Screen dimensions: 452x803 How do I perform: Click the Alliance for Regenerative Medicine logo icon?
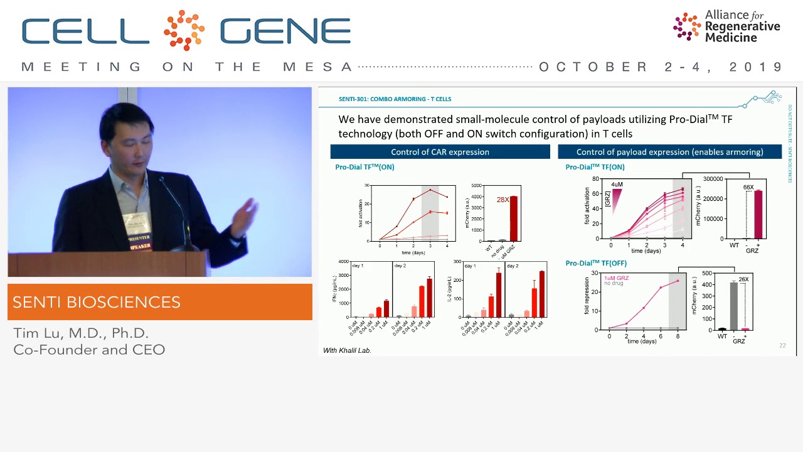pos(687,26)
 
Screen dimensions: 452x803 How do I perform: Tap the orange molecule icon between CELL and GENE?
pos(184,30)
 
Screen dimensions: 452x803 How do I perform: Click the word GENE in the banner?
pos(285,31)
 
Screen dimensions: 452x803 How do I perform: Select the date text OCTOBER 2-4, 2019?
pos(661,67)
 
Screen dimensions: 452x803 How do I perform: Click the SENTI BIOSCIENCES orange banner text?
pos(97,302)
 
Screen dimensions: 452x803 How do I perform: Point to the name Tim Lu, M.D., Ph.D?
pos(81,333)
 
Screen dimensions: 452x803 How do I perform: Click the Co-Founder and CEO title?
pos(89,350)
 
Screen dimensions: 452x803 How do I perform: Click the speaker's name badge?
pos(136,229)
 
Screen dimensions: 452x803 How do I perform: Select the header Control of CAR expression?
pos(440,152)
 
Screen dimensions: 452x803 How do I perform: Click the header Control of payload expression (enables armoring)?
pos(669,152)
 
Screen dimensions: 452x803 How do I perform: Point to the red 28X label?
pos(503,200)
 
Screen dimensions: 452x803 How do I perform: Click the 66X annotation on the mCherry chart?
pos(748,187)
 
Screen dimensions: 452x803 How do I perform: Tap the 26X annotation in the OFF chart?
pos(743,279)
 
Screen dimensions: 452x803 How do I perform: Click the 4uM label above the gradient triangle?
pos(617,185)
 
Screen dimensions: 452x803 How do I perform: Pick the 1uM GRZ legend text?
pos(616,277)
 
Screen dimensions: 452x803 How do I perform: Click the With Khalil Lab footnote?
pos(347,350)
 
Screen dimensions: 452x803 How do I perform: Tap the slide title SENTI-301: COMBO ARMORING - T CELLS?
pos(395,99)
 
